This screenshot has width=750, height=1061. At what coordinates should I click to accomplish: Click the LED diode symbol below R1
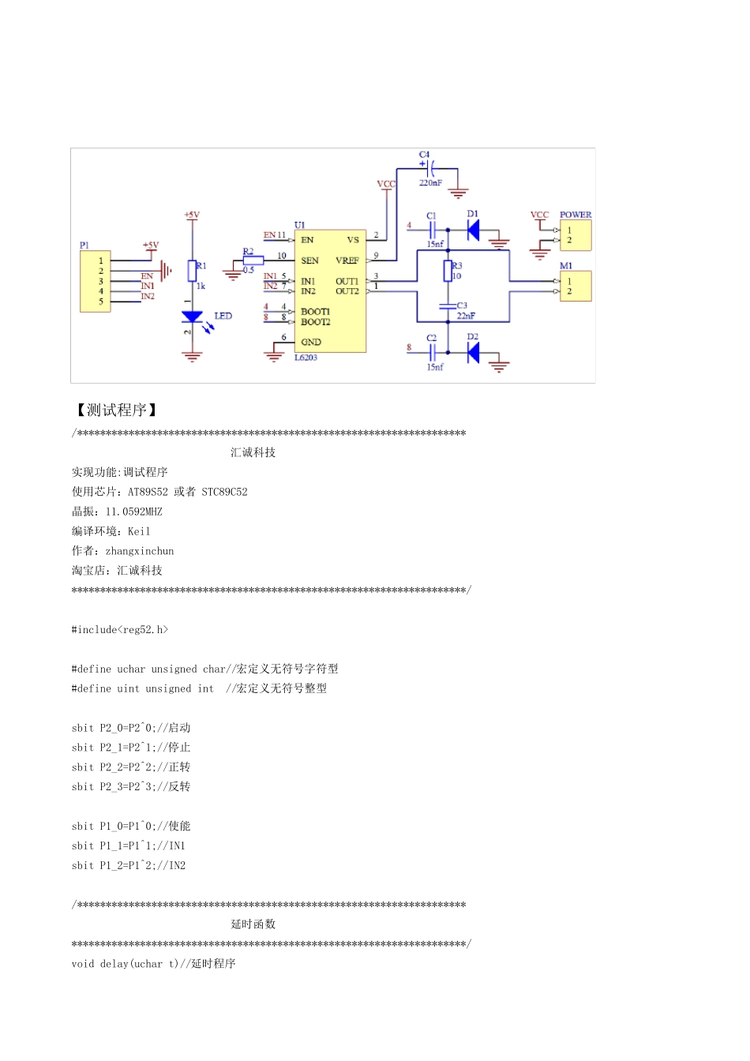pyautogui.click(x=192, y=317)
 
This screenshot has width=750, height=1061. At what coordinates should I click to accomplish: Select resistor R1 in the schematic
pyautogui.click(x=192, y=271)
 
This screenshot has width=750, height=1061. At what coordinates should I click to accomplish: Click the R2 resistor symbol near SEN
pyautogui.click(x=253, y=261)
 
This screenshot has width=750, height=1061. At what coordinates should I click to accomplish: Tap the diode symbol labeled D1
pyautogui.click(x=473, y=230)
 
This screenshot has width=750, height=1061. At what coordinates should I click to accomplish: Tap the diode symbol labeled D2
pyautogui.click(x=473, y=352)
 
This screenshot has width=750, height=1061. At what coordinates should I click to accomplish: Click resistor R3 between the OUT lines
pyautogui.click(x=448, y=271)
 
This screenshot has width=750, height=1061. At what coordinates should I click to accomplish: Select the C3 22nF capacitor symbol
pyautogui.click(x=448, y=306)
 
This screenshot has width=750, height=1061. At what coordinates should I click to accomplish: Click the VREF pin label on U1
pyautogui.click(x=347, y=261)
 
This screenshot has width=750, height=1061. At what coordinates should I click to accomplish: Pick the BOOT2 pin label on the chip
pyautogui.click(x=315, y=322)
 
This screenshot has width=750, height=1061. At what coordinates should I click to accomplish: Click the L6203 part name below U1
pyautogui.click(x=306, y=358)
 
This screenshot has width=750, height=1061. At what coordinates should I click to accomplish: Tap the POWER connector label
pyautogui.click(x=576, y=215)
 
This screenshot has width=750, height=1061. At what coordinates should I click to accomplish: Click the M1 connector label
pyautogui.click(x=566, y=266)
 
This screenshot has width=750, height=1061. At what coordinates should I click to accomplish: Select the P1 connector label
pyautogui.click(x=84, y=245)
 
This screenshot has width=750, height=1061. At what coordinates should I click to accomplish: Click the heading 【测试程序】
pyautogui.click(x=117, y=410)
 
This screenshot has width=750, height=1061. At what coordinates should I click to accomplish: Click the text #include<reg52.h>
pyautogui.click(x=120, y=630)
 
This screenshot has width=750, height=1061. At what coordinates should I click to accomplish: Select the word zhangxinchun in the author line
pyautogui.click(x=140, y=551)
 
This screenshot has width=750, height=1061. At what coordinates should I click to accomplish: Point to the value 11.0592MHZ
pyautogui.click(x=133, y=512)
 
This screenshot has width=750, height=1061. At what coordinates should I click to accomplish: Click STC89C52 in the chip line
pyautogui.click(x=224, y=492)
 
